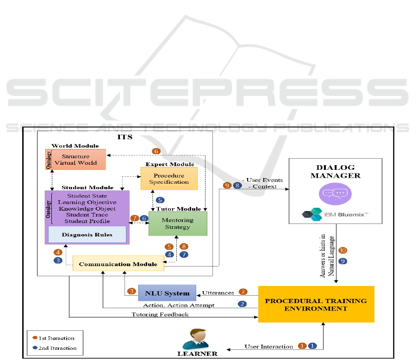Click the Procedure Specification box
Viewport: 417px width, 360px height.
tap(169, 179)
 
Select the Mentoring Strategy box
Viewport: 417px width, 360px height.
tap(178, 223)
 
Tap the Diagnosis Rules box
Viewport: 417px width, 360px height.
tap(87, 235)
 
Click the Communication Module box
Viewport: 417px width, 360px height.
tap(118, 264)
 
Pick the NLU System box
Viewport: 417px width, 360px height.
tap(167, 293)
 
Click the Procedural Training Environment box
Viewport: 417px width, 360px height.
tap(316, 304)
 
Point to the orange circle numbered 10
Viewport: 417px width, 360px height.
tap(342, 250)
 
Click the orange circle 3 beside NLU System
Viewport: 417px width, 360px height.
tap(131, 292)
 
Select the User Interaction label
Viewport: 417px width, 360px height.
tap(269, 346)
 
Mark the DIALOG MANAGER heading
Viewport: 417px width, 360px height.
tap(335, 171)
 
